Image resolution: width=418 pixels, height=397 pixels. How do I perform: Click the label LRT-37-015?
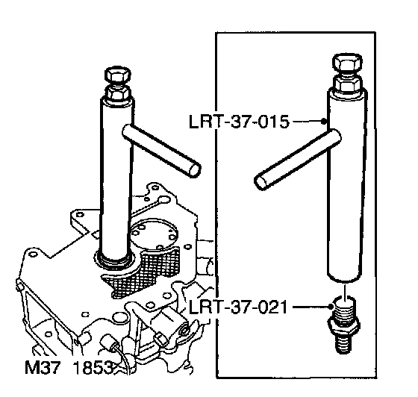click(239, 122)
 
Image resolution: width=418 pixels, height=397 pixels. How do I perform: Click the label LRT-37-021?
click(238, 307)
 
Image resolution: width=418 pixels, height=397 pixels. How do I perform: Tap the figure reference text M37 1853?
click(69, 368)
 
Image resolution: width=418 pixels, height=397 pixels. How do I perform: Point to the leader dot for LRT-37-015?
click(324, 122)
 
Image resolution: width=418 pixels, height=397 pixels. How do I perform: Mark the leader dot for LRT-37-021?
click(331, 307)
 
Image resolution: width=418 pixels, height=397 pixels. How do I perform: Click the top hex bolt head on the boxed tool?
click(347, 63)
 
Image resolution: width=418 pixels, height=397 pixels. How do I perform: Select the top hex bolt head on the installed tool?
click(118, 75)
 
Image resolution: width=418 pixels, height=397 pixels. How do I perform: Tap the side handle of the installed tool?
click(161, 151)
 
